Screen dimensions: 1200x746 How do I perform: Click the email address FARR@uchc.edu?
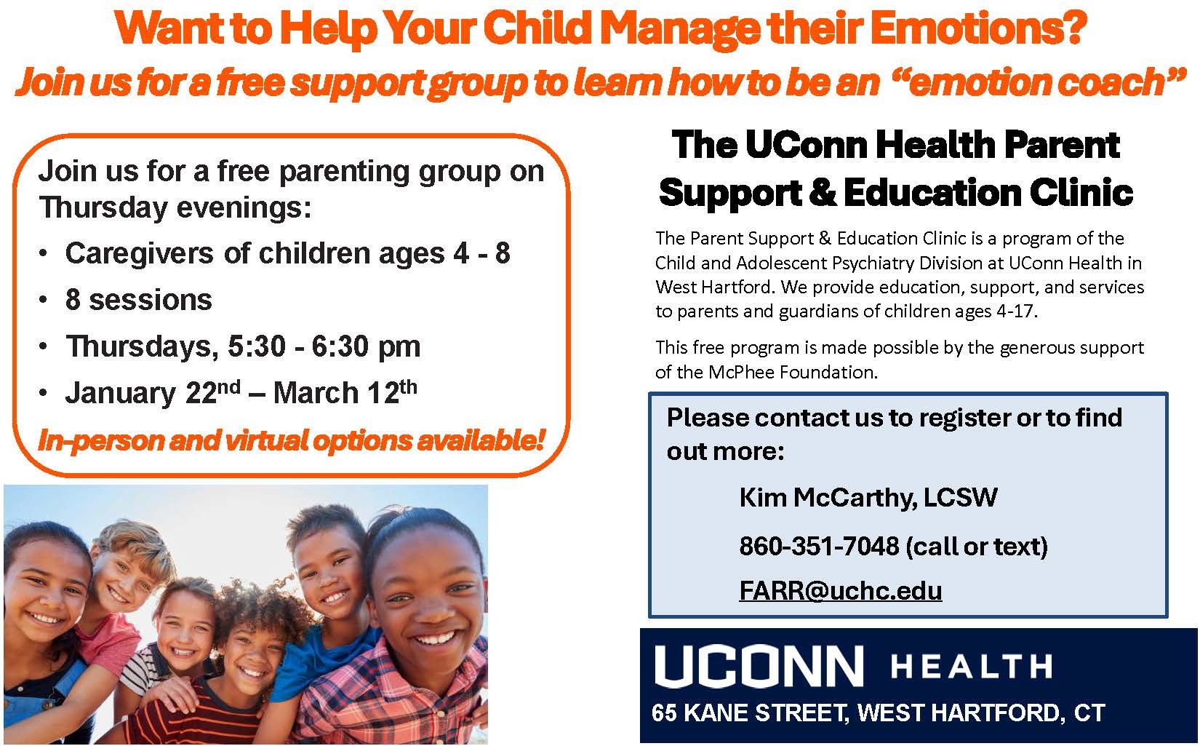840,590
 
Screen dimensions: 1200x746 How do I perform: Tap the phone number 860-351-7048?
819,546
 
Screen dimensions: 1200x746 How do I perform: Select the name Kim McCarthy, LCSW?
868,498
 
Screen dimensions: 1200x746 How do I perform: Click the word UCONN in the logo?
759,666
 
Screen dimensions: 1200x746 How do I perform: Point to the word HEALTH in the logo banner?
971,667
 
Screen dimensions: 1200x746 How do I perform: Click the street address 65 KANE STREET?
750,713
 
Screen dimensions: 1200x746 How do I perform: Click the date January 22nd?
153,392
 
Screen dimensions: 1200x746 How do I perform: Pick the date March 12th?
345,392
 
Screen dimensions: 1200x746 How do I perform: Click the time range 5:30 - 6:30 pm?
324,346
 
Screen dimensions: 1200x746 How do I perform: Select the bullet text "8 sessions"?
139,300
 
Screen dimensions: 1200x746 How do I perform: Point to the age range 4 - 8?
481,253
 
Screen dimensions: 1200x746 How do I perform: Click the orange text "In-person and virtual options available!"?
292,440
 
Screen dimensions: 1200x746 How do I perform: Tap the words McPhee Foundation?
793,372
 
